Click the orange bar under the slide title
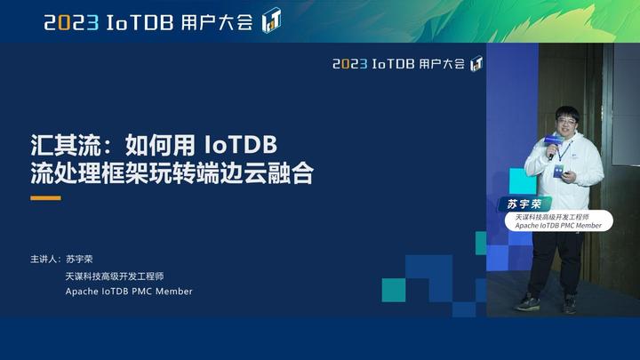click(x=45, y=198)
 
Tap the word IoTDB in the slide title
click(x=241, y=143)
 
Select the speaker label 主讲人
click(x=44, y=260)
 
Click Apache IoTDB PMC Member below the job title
click(x=128, y=292)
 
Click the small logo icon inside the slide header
click(x=476, y=64)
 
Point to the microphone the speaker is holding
click(x=552, y=148)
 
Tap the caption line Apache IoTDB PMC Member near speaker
click(x=559, y=226)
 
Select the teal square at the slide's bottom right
click(x=394, y=290)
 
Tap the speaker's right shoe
click(x=528, y=301)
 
